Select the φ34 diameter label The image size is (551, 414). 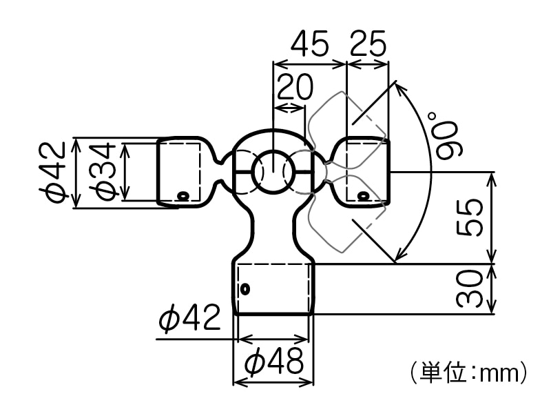click(x=103, y=172)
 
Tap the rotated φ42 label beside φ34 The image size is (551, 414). click(x=56, y=172)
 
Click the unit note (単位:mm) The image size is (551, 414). click(x=468, y=373)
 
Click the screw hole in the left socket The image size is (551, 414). click(x=183, y=196)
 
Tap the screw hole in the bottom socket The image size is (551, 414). click(x=243, y=288)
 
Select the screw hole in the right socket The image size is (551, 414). click(x=363, y=197)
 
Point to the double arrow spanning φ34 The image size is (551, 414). click(x=126, y=172)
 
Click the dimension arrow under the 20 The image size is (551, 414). click(x=289, y=107)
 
